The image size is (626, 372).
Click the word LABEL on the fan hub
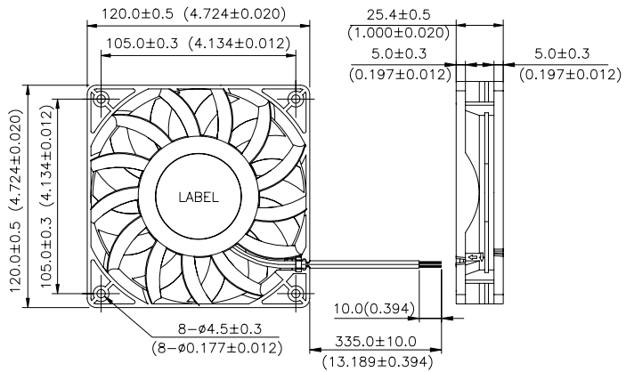pos(199,198)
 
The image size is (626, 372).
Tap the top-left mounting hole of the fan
pos(102,99)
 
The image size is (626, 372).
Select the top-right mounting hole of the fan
pos(296,98)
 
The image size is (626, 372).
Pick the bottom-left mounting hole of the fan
pos(102,294)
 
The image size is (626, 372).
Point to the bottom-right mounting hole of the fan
pos(296,294)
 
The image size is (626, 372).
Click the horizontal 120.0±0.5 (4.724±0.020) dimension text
pos(194,14)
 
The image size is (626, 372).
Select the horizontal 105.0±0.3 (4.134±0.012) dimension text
pos(198,43)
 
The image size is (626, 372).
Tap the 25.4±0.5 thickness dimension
pos(398,15)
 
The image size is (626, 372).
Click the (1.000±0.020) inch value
pos(399,33)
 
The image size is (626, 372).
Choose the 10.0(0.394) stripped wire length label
pos(374,309)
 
